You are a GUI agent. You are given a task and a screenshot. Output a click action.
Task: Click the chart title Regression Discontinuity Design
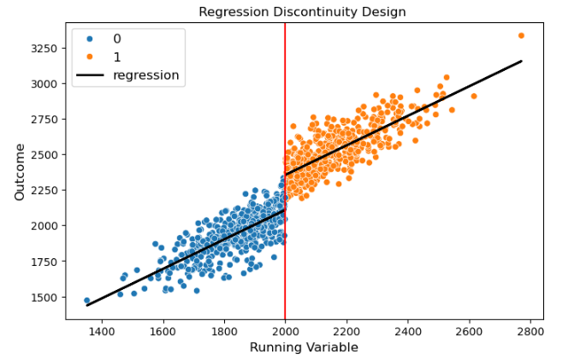click(x=302, y=12)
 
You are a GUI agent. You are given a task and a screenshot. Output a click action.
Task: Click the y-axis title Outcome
click(x=20, y=172)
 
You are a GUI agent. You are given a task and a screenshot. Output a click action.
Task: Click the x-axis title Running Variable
click(x=303, y=347)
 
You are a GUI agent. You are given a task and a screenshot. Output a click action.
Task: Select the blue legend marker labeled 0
click(x=90, y=38)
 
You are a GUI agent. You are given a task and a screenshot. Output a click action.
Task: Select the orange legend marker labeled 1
click(x=90, y=56)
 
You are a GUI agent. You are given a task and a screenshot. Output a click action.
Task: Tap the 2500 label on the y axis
click(x=44, y=155)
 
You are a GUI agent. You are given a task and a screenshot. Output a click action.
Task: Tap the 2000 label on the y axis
click(x=44, y=226)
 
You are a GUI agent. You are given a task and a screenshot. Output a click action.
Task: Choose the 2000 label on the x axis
click(x=285, y=330)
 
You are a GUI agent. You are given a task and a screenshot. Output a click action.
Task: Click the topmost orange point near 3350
click(x=521, y=36)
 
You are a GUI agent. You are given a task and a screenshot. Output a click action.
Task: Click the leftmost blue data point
click(x=86, y=301)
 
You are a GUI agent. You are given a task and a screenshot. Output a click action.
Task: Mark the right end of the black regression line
click(x=521, y=61)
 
